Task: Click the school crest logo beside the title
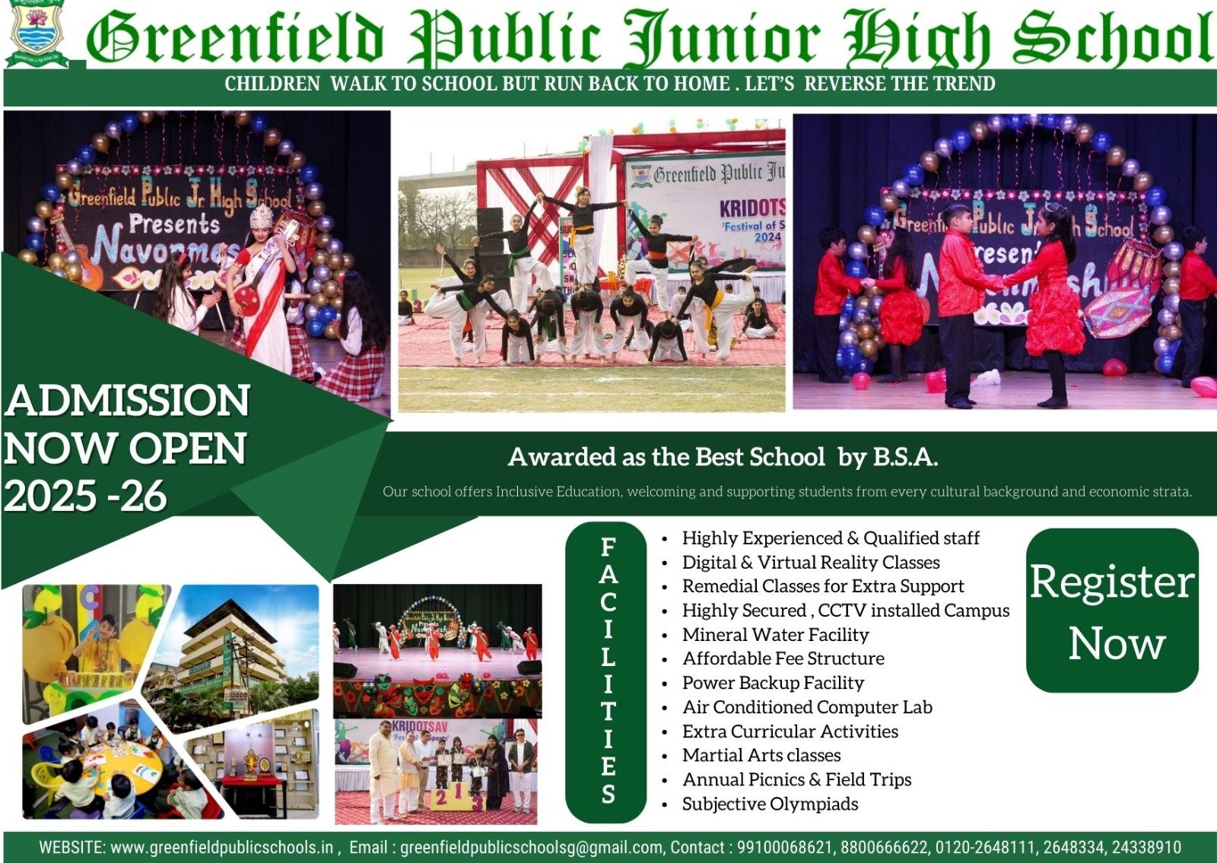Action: point(38,33)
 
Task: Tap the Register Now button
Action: point(1112,611)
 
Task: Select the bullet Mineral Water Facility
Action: point(775,634)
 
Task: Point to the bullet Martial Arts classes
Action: point(761,755)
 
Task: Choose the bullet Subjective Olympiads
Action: point(770,803)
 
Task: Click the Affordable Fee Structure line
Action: point(783,658)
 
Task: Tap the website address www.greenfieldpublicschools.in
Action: point(221,847)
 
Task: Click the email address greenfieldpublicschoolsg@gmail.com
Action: point(531,847)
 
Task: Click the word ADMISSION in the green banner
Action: point(127,400)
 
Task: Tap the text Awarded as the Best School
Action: point(666,457)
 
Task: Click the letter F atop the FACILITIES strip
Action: point(608,547)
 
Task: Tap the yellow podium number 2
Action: point(442,797)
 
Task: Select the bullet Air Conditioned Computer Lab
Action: point(807,706)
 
